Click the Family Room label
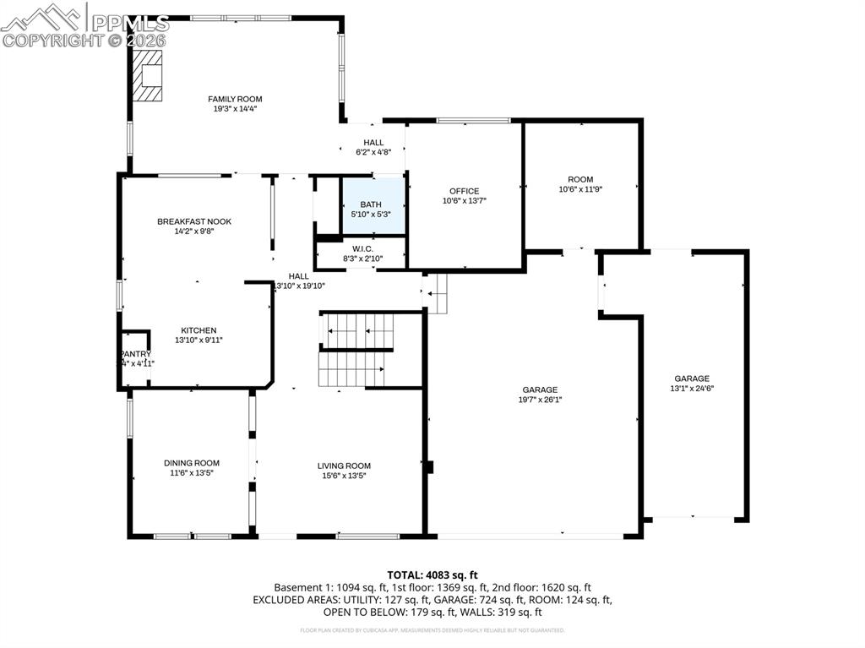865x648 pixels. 235,99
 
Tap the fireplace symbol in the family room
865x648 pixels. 148,76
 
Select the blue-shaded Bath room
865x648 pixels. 372,205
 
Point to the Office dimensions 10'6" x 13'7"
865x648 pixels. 464,201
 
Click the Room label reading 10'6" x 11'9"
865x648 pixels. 580,189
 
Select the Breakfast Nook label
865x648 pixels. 193,221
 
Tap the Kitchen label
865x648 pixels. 199,330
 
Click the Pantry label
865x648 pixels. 135,354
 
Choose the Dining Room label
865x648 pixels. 192,463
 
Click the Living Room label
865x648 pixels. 344,466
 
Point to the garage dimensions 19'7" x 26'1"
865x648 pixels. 541,400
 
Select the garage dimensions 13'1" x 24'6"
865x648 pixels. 692,389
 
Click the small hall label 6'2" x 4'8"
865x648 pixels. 373,153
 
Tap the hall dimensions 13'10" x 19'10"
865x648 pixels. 299,286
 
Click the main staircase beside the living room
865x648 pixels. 356,350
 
